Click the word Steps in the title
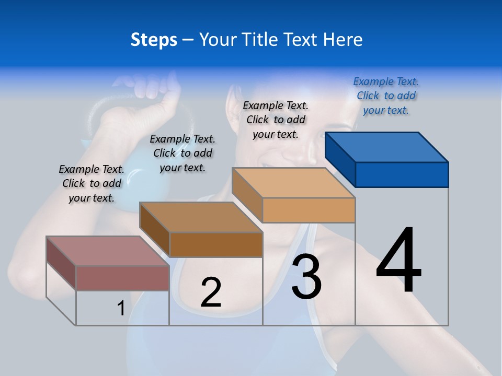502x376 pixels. pos(153,40)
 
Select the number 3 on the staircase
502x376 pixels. pos(306,277)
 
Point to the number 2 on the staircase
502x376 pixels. pos(211,292)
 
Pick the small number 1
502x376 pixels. pos(121,308)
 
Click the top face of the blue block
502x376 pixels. pos(387,147)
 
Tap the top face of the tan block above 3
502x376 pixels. pos(293,183)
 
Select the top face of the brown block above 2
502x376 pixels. pos(201,217)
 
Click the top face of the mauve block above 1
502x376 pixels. pos(108,251)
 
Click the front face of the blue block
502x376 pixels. pos(402,174)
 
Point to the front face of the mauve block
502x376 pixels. pos(122,278)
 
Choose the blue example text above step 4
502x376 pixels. pos(386,96)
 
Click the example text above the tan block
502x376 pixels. pos(276,120)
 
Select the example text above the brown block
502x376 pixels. pos(182,153)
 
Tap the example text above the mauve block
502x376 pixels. pos(92,183)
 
